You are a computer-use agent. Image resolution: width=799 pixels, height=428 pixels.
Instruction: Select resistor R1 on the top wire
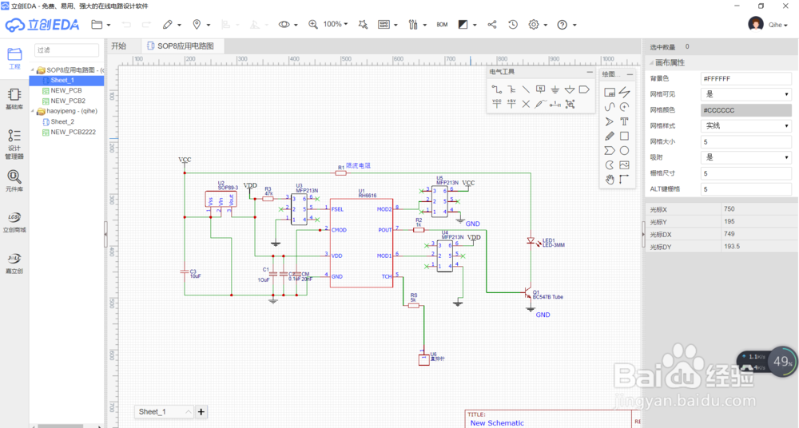click(x=341, y=172)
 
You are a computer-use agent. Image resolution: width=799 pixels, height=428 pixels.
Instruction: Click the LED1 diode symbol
click(x=530, y=240)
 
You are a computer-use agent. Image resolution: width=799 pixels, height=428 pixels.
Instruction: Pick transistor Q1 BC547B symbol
click(x=527, y=294)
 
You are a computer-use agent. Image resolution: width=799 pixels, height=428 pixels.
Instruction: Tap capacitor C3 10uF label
click(x=194, y=274)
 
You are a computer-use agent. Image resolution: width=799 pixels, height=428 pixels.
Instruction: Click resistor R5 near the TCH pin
click(x=414, y=305)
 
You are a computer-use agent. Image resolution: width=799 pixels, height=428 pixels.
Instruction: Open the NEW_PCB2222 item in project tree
click(x=73, y=132)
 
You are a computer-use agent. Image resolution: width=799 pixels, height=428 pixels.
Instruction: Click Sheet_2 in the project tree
click(x=62, y=121)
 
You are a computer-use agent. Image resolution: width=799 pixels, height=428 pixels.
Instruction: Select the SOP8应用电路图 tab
click(x=185, y=46)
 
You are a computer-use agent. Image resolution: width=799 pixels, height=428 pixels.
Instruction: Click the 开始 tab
click(x=119, y=46)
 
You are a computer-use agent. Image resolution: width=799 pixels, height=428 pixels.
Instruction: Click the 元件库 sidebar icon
click(x=14, y=181)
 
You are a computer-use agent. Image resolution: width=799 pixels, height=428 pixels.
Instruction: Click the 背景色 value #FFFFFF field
click(x=745, y=78)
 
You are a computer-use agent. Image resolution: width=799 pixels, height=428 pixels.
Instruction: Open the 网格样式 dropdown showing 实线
click(x=745, y=126)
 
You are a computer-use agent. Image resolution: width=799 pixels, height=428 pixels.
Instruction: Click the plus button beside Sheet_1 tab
click(x=201, y=411)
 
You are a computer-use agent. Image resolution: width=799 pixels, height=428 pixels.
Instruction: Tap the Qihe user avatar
click(x=755, y=24)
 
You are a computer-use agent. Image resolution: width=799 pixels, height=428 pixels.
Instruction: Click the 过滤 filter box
click(x=66, y=50)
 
